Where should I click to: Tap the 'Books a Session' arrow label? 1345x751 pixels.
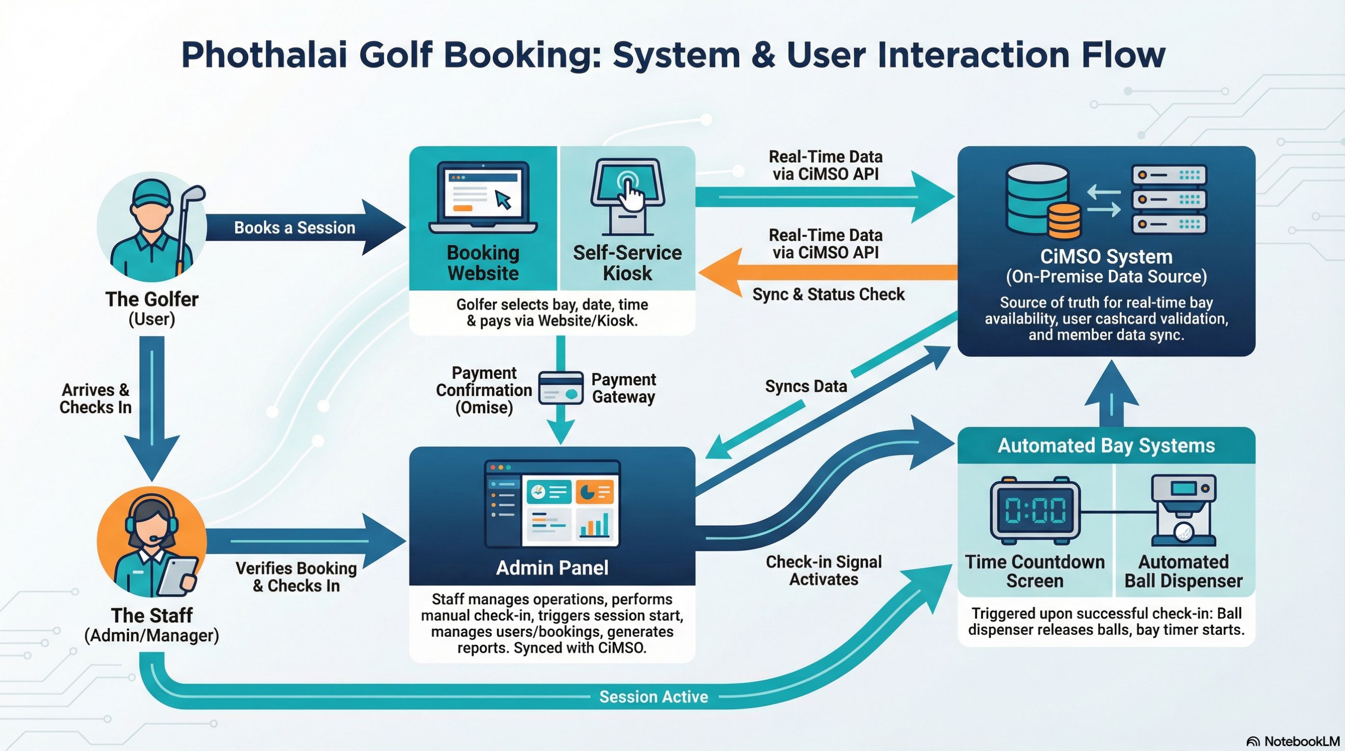tap(294, 228)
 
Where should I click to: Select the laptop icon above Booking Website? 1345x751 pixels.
tap(483, 197)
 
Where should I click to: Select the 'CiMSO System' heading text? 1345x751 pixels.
tap(1106, 256)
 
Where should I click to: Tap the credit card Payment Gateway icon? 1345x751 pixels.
tap(561, 387)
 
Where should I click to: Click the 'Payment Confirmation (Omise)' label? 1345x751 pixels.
tap(483, 390)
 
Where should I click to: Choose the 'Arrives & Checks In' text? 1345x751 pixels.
tap(95, 399)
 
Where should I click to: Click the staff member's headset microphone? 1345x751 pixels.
tap(155, 538)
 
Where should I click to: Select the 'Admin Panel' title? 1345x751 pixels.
tap(552, 568)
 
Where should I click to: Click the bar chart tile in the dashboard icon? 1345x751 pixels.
tap(594, 524)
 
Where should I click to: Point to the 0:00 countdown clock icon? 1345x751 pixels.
tap(1035, 510)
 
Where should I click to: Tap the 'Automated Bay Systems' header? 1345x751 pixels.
tap(1106, 446)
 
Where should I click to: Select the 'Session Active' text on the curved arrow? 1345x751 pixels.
tap(653, 697)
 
